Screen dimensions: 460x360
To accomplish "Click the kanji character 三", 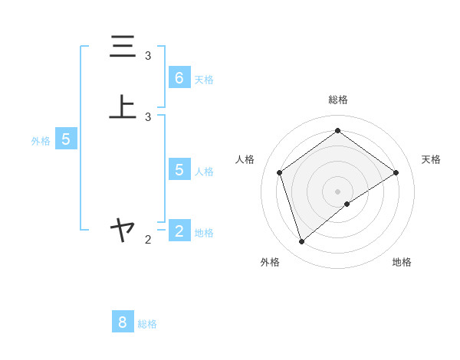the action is (123, 47).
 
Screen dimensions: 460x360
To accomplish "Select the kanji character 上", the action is (123, 107).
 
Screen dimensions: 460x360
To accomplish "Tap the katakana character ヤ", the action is (123, 228).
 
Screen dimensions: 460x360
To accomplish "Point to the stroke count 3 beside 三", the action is (148, 56).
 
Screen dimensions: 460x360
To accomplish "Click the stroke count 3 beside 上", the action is (148, 117).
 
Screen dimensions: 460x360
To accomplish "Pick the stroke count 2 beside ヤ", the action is (148, 240).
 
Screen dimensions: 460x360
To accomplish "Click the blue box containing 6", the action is (179, 77).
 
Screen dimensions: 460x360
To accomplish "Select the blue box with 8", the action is (123, 322).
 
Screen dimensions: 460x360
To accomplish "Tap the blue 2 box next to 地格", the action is (179, 230).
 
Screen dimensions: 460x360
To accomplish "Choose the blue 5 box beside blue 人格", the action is (179, 169).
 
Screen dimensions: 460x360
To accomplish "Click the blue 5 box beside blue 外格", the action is (66, 139).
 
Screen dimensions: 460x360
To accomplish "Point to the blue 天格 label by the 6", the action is (204, 80).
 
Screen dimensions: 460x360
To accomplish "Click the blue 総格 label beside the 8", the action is (147, 324).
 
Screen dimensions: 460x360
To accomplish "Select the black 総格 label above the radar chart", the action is (337, 100).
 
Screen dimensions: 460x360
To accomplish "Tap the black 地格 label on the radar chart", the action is (402, 262).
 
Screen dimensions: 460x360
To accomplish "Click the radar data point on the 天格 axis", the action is (396, 172).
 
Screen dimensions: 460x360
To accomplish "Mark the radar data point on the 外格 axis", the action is (301, 242).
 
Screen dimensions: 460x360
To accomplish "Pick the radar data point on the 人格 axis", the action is (280, 172).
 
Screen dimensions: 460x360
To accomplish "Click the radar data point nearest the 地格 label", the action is (347, 204).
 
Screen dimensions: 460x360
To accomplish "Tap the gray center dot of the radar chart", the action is (337, 191).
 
